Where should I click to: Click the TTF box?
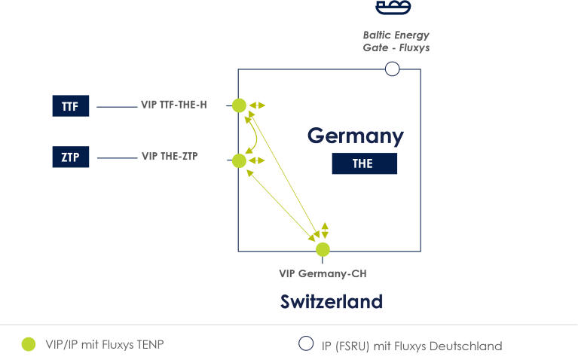pyautogui.click(x=71, y=106)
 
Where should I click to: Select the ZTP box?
pyautogui.click(x=71, y=157)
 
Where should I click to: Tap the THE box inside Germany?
pyautogui.click(x=364, y=163)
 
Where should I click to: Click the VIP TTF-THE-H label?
pyautogui.click(x=173, y=105)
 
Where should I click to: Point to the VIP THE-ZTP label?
pyautogui.click(x=170, y=157)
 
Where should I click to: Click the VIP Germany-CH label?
pyautogui.click(x=323, y=274)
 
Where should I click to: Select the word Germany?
pyautogui.click(x=355, y=136)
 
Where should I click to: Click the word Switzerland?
pyautogui.click(x=332, y=302)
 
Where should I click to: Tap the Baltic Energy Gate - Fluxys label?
pyautogui.click(x=396, y=41)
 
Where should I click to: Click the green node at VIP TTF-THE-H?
pyautogui.click(x=239, y=105)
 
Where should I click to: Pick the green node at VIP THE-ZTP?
pyautogui.click(x=239, y=160)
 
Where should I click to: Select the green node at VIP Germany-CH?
pyautogui.click(x=323, y=249)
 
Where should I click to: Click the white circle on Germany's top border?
pyautogui.click(x=392, y=69)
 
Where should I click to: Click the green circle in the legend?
pyautogui.click(x=29, y=344)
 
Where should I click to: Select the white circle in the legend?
pyautogui.click(x=306, y=343)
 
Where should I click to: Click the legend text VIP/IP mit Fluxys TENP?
pyautogui.click(x=104, y=345)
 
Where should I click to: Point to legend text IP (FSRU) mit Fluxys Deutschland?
pyautogui.click(x=411, y=346)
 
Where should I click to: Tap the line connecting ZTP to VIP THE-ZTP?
pyautogui.click(x=117, y=157)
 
